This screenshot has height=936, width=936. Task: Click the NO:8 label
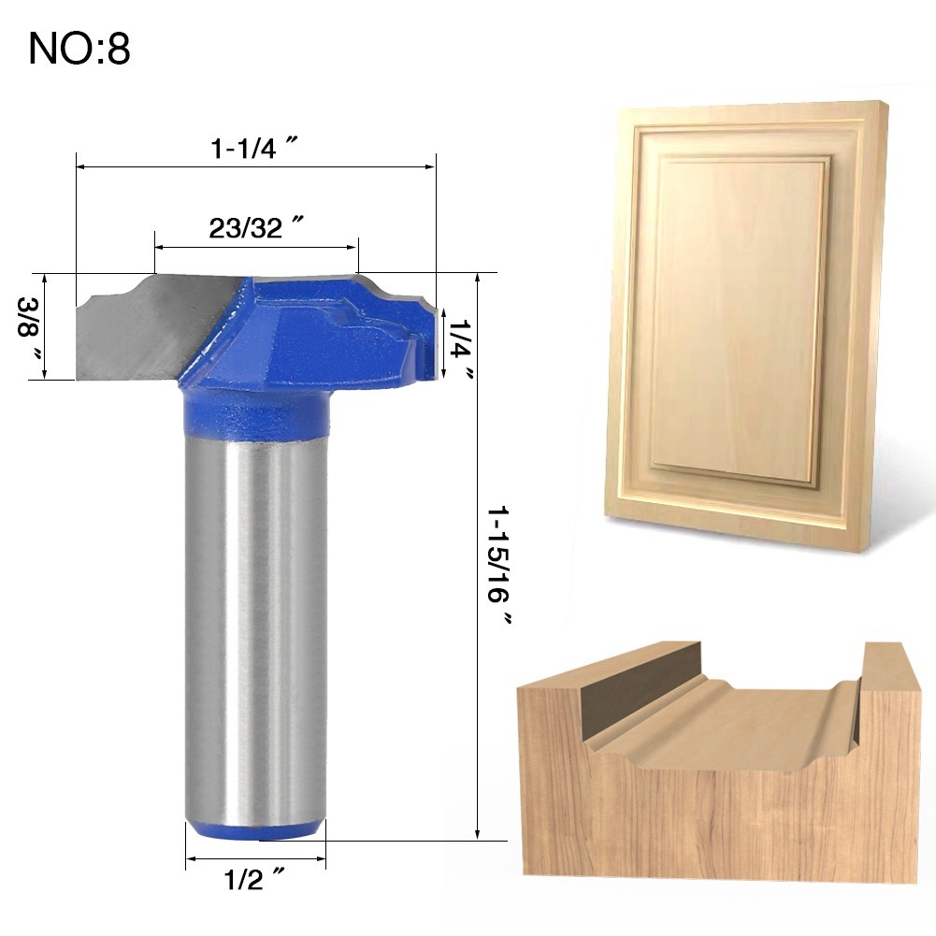tap(79, 49)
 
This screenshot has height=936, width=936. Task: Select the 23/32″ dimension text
tap(255, 227)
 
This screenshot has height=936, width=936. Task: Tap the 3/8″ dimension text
tap(29, 326)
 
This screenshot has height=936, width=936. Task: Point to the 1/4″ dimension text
tap(460, 348)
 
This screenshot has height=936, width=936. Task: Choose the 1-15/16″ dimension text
tap(500, 565)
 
